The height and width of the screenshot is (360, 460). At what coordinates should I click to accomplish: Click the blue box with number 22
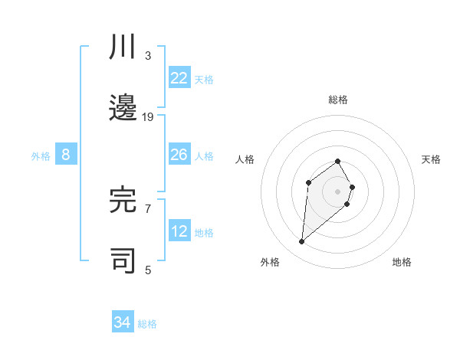(x=179, y=78)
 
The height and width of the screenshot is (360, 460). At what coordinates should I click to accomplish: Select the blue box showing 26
(x=179, y=155)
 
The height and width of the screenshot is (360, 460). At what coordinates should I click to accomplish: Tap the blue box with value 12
(x=179, y=231)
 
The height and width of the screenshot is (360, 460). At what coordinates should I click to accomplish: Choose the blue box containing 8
(x=66, y=155)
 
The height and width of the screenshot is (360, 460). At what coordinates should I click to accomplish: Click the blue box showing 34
(x=123, y=322)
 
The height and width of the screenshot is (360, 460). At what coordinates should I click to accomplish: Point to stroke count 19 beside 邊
(x=148, y=116)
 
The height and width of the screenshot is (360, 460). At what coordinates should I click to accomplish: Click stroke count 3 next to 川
(x=148, y=55)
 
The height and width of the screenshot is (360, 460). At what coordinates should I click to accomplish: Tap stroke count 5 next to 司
(x=148, y=269)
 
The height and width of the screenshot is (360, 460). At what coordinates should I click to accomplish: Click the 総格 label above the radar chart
(x=338, y=100)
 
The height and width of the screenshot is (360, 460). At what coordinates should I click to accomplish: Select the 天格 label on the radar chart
(x=431, y=159)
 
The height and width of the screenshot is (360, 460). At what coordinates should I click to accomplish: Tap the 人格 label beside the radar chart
(x=245, y=159)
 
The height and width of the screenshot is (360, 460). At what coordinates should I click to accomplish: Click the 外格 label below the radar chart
(x=270, y=263)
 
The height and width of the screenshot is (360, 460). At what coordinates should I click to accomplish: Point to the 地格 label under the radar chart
(x=402, y=263)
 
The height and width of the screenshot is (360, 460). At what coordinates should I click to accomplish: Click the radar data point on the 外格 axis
(x=302, y=242)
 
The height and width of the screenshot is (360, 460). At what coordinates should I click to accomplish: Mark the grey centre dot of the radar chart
(x=338, y=191)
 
